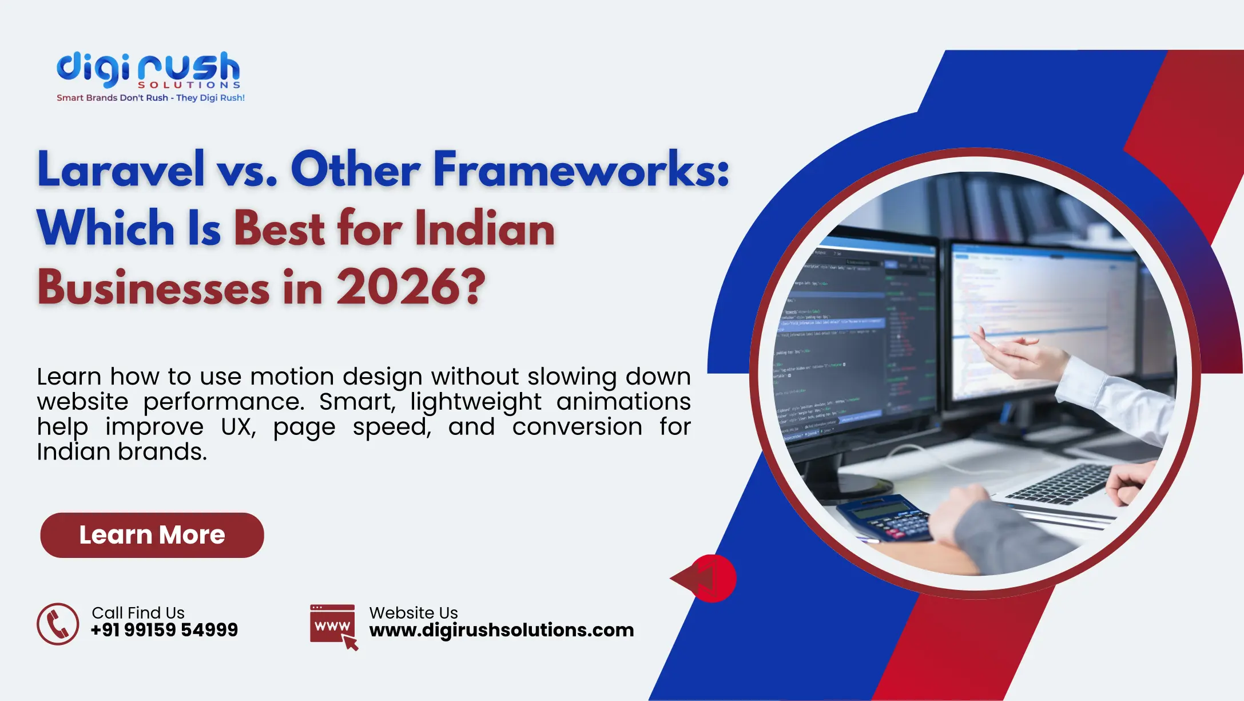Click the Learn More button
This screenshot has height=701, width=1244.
[x=152, y=535]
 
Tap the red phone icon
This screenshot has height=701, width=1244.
[x=58, y=624]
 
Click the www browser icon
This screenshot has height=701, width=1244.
[x=333, y=626]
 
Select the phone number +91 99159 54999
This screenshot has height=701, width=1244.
[x=164, y=630]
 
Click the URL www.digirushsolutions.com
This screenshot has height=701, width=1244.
[x=501, y=630]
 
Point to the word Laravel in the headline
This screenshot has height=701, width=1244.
[x=121, y=169]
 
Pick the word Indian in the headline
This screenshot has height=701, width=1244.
[x=484, y=228]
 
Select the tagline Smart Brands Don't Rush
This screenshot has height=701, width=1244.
[x=112, y=98]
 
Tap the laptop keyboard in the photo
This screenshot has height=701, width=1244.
[x=1058, y=484]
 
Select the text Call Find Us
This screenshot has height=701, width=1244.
[x=138, y=613]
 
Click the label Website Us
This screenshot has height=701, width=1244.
[x=414, y=613]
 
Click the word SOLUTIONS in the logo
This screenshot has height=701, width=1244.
[x=189, y=85]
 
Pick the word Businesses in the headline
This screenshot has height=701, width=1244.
[x=153, y=287]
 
